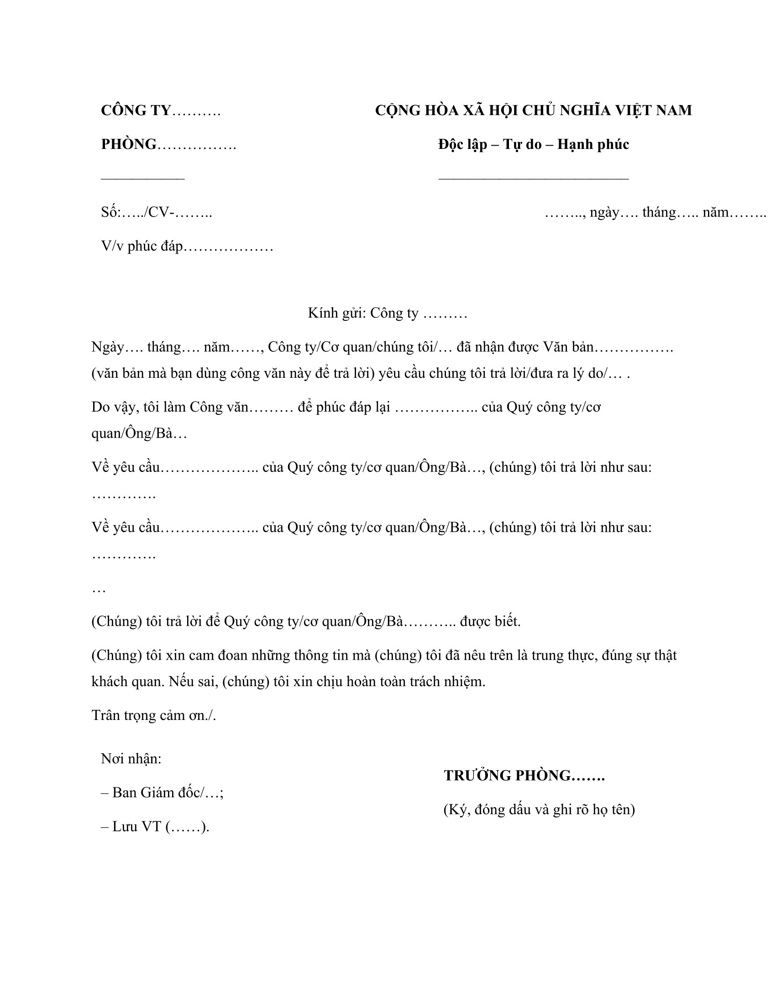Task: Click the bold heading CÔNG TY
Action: point(136,111)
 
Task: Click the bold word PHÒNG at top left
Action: point(129,144)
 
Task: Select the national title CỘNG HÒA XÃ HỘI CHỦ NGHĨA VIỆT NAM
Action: point(533,111)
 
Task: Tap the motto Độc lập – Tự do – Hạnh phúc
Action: point(533,144)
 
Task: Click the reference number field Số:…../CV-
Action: point(156,212)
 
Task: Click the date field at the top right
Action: point(655,212)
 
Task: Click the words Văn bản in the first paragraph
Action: point(568,347)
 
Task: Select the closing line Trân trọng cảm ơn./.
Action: point(153,715)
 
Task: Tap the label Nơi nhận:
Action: point(131,759)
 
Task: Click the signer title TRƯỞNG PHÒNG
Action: point(508,776)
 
